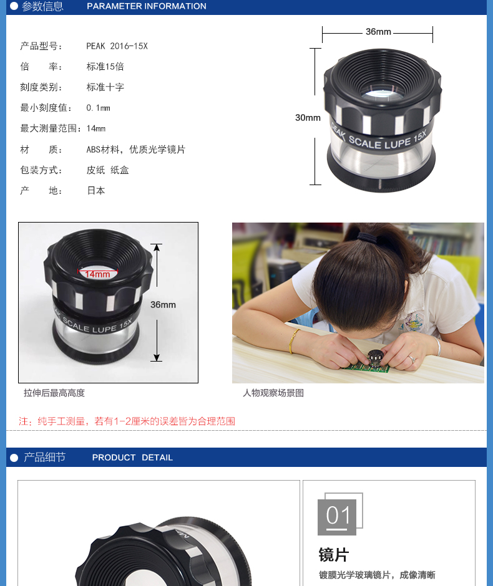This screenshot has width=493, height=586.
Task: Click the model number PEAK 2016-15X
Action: pyautogui.click(x=117, y=46)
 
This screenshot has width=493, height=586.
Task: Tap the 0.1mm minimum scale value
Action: pyautogui.click(x=99, y=108)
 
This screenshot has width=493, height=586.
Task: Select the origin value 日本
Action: pyautogui.click(x=96, y=191)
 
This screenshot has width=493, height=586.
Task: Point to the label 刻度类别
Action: pyautogui.click(x=41, y=87)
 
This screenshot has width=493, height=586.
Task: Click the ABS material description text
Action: pyautogui.click(x=136, y=150)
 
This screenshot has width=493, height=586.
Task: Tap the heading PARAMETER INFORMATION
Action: pyautogui.click(x=147, y=6)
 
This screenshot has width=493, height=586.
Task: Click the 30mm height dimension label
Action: pyautogui.click(x=308, y=118)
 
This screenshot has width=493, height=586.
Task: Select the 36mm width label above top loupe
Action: pyautogui.click(x=378, y=32)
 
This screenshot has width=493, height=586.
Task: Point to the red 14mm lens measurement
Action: pyautogui.click(x=97, y=274)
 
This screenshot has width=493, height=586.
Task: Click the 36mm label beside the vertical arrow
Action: pyautogui.click(x=163, y=305)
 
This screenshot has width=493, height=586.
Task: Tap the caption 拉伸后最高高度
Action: pyautogui.click(x=54, y=393)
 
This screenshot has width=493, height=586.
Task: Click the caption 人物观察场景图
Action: pyautogui.click(x=273, y=393)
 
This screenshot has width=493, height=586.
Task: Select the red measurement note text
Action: pyautogui.click(x=127, y=421)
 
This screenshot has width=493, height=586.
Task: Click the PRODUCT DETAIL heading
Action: pyautogui.click(x=132, y=458)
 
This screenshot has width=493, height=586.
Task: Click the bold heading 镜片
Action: pyautogui.click(x=334, y=555)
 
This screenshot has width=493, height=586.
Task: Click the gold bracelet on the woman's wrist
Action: pyautogui.click(x=293, y=341)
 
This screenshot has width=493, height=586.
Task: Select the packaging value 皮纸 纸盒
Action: pyautogui.click(x=108, y=170)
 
